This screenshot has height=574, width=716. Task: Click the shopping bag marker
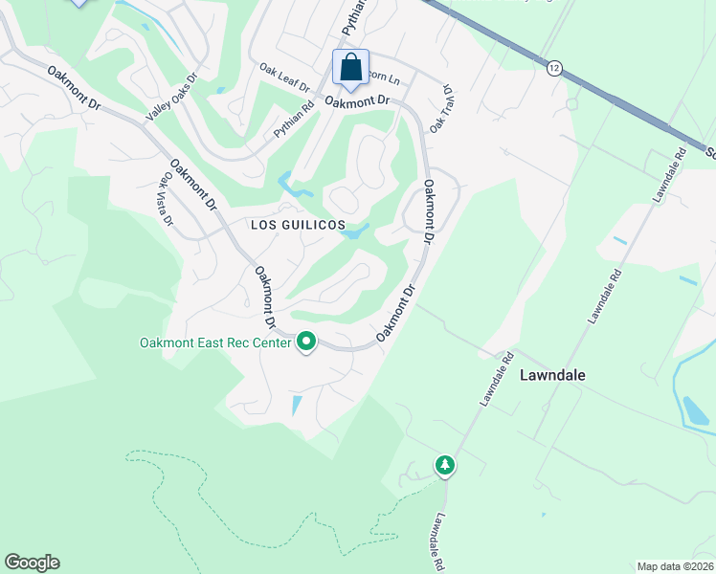coord(351,68)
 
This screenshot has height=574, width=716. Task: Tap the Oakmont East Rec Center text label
coord(215,342)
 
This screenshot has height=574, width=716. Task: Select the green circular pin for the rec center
coord(306,341)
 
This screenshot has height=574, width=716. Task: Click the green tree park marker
coord(444,466)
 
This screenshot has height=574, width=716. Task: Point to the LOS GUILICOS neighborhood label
coord(297,224)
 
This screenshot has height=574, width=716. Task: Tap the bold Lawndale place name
coord(551,376)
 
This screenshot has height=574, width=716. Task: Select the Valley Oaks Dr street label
coord(171,98)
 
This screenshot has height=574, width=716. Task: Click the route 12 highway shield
coord(554,68)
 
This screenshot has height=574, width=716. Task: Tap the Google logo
coord(32,563)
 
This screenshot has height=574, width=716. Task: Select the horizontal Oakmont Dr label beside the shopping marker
coord(357,100)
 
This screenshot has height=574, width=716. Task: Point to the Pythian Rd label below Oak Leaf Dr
coord(294,121)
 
